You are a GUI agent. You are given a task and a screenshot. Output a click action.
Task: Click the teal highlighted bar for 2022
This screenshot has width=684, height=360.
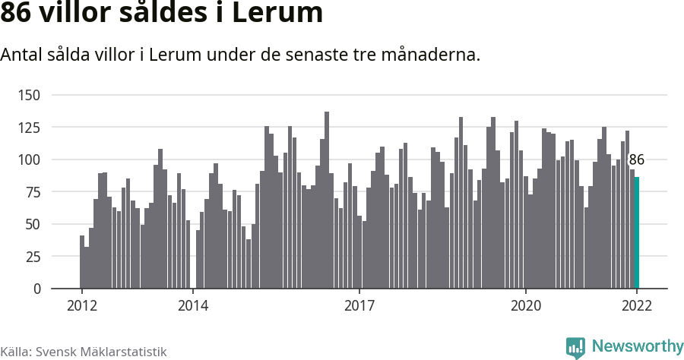[x=637, y=233]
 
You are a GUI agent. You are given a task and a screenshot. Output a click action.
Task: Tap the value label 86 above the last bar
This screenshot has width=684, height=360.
[x=637, y=159]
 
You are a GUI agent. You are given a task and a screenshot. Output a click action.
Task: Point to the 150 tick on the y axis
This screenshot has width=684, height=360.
[x=30, y=95]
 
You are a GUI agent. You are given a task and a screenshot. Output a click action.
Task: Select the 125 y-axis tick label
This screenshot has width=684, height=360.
[x=30, y=128]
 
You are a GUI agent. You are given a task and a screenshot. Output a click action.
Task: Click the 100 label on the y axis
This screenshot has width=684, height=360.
[x=30, y=159]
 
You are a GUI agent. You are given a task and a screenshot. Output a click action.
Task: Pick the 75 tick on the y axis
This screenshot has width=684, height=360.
[x=33, y=192]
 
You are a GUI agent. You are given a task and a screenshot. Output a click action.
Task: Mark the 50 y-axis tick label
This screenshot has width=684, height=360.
[x=33, y=224]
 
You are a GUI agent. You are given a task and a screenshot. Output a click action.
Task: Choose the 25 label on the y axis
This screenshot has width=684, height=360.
[x=33, y=257]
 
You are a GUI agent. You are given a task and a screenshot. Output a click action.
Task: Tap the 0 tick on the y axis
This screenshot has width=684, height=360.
[x=36, y=289]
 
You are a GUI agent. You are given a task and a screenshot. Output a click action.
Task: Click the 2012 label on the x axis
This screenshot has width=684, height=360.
[x=81, y=305]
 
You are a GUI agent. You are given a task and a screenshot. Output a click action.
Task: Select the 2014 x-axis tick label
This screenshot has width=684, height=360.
[x=192, y=305]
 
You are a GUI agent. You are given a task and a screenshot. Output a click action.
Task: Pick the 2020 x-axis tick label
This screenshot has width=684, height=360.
[x=525, y=305]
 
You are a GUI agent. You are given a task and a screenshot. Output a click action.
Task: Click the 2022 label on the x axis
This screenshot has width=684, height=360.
[x=637, y=305]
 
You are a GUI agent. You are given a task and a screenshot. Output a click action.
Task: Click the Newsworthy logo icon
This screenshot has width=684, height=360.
[x=575, y=346]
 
